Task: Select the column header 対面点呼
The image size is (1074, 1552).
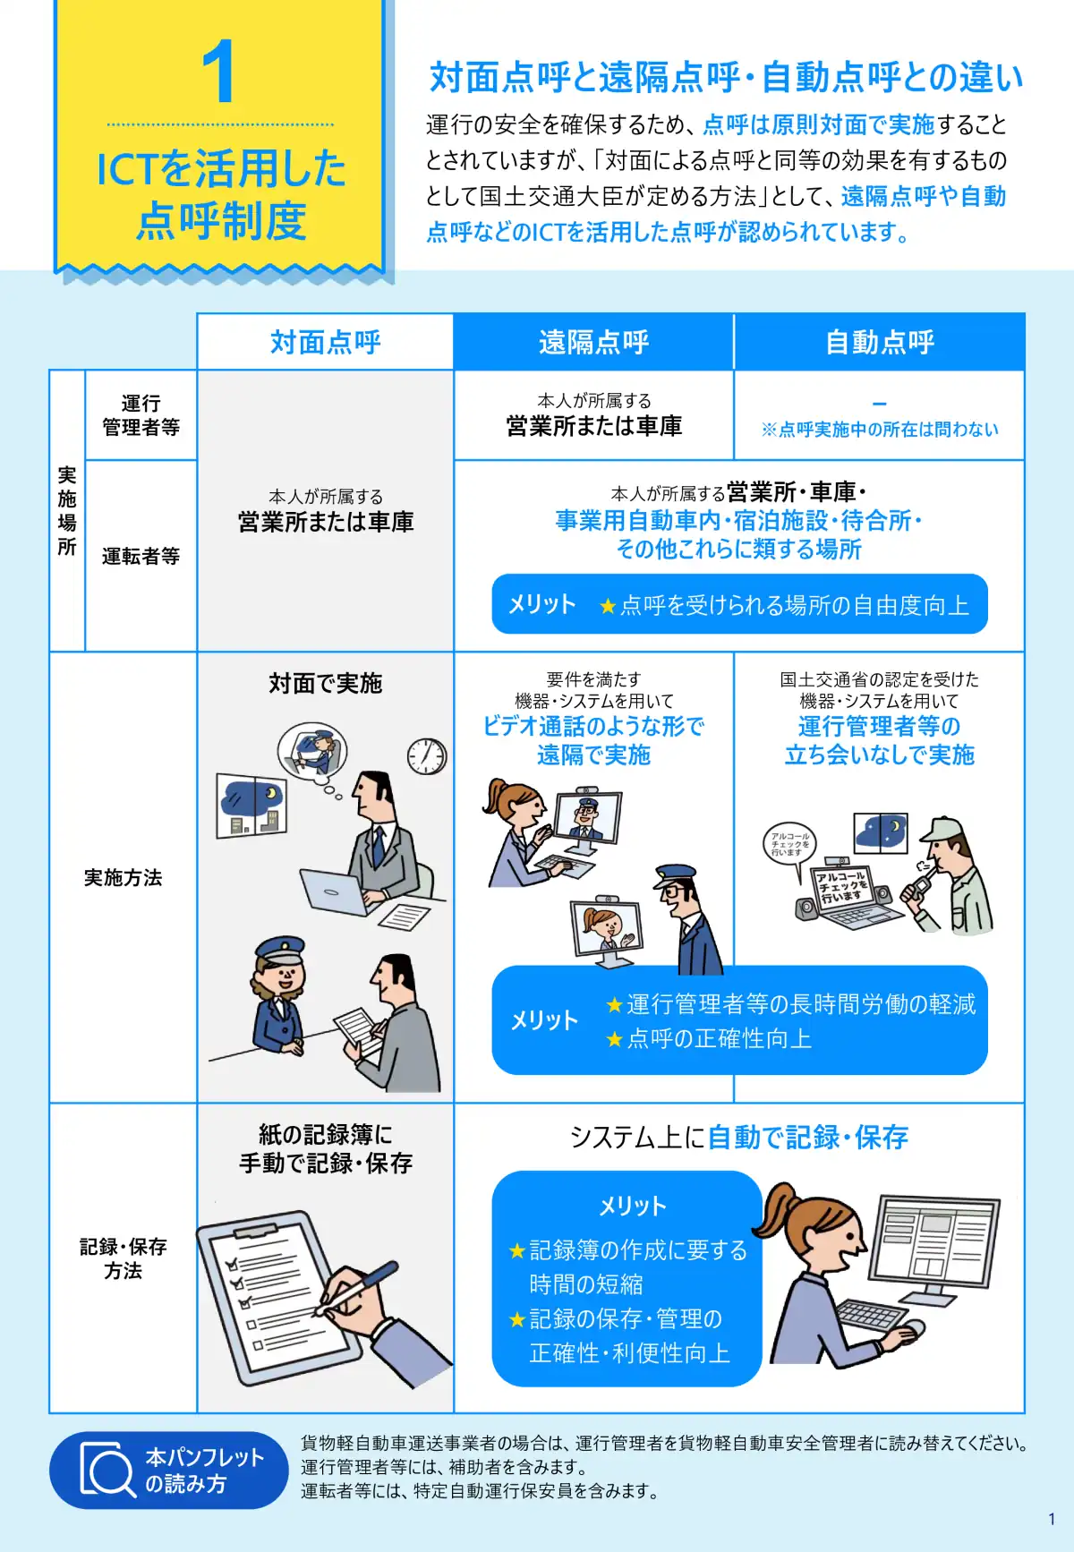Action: click(326, 342)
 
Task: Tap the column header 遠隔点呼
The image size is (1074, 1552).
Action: click(593, 342)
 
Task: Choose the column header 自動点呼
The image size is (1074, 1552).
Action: click(880, 342)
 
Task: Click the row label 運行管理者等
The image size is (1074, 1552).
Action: click(141, 415)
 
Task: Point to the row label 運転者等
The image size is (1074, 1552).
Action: click(141, 556)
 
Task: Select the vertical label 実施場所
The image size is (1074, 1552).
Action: click(67, 510)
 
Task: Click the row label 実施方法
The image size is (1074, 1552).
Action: click(123, 877)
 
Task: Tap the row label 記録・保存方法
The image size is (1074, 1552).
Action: click(123, 1258)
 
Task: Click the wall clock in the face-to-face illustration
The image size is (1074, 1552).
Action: click(427, 756)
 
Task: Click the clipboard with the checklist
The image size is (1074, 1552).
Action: click(277, 1289)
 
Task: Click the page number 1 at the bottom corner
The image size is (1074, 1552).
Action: click(1052, 1519)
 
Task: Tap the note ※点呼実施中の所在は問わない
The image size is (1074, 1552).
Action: click(880, 430)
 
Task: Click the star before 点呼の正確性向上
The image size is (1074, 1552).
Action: click(614, 1039)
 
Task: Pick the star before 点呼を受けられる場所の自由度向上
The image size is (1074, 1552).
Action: click(608, 607)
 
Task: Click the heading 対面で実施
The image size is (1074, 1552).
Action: click(326, 683)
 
